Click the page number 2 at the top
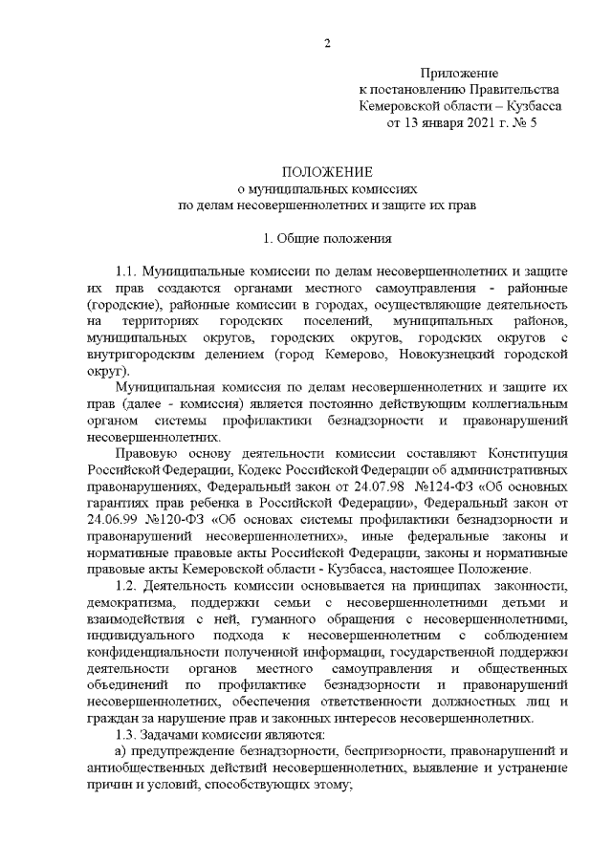point(327,43)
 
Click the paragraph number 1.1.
point(128,271)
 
